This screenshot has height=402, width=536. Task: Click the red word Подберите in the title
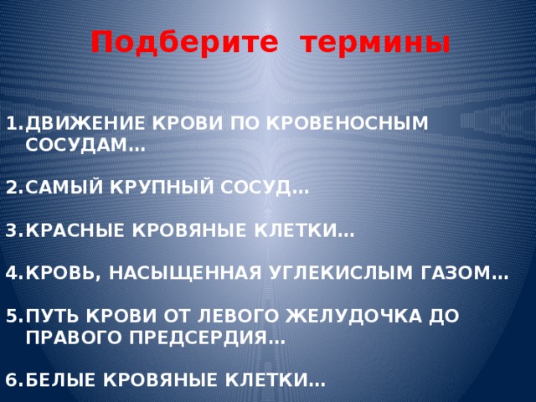(x=184, y=43)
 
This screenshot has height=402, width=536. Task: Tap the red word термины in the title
(x=376, y=44)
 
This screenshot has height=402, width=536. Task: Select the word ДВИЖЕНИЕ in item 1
(x=85, y=124)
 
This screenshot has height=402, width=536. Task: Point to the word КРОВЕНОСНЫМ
(x=348, y=123)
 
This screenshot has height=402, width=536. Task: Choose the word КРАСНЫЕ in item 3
(x=75, y=230)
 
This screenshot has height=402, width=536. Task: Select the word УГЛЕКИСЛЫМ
(x=341, y=273)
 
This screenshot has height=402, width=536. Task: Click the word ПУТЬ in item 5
(x=52, y=316)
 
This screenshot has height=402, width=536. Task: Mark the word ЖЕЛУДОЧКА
(x=353, y=316)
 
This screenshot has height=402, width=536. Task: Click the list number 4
(x=12, y=273)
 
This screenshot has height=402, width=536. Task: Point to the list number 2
(x=12, y=187)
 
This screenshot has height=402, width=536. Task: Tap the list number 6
(x=12, y=379)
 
